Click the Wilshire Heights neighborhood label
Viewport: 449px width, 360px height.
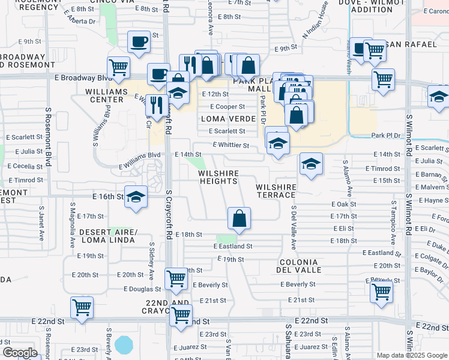[218, 177]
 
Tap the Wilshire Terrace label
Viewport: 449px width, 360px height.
[276, 191]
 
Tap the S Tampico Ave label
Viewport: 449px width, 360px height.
[394, 223]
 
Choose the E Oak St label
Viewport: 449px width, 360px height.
[344, 204]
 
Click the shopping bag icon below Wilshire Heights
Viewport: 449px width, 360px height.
[239, 218]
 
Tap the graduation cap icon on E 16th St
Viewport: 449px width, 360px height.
[136, 196]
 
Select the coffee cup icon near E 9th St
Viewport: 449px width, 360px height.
[139, 42]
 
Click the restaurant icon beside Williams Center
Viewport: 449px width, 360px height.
[157, 105]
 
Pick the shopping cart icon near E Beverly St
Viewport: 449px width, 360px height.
[382, 292]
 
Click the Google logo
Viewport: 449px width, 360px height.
[20, 353]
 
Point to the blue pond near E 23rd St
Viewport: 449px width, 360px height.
[124, 345]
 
